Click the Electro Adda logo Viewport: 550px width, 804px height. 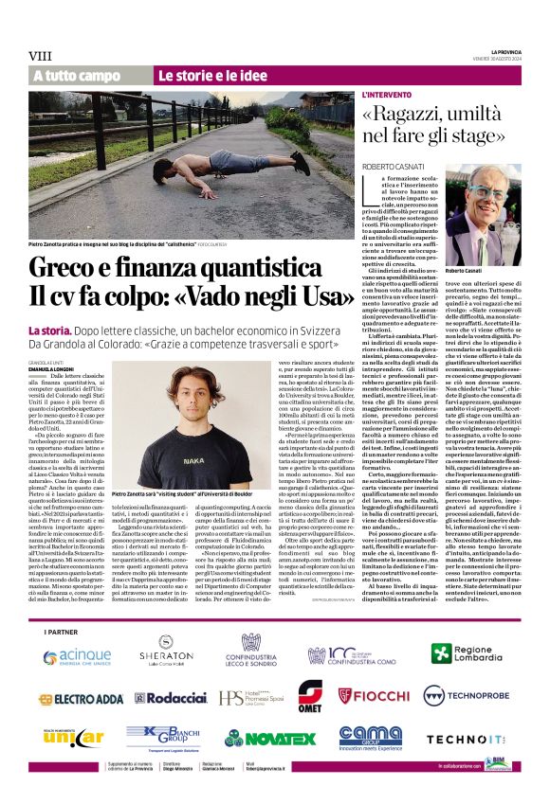coord(83,698)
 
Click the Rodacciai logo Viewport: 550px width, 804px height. coord(171,698)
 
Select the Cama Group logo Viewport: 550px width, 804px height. coord(370,736)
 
